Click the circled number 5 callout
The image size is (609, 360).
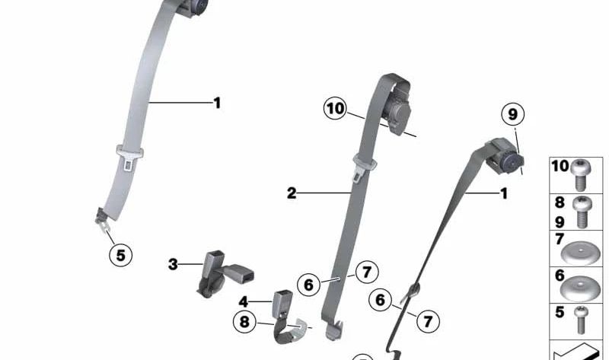120,255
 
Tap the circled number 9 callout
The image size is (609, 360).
513,115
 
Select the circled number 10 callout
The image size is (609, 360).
335,109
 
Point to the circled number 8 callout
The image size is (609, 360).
244,322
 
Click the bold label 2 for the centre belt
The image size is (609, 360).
292,193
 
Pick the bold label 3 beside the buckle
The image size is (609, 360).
173,264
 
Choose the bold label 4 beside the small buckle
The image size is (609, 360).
244,301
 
